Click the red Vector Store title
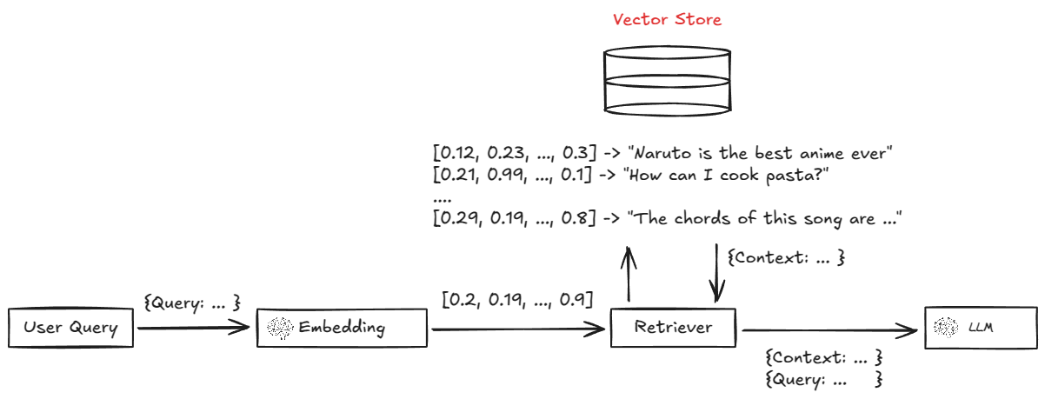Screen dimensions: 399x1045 667,19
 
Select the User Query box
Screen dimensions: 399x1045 70,328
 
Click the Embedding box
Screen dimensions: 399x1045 342,328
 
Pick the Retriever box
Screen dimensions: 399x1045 673,328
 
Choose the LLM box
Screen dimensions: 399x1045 980,328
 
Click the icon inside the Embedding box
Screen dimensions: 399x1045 280,328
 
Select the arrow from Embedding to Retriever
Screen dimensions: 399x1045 517,329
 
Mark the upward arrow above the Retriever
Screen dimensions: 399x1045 627,274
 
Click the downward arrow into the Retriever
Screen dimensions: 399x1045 717,274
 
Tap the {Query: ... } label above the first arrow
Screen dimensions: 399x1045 190,303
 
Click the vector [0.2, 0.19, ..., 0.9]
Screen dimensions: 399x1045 517,301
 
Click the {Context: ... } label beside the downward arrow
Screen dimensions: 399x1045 786,258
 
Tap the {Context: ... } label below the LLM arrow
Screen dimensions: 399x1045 823,357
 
